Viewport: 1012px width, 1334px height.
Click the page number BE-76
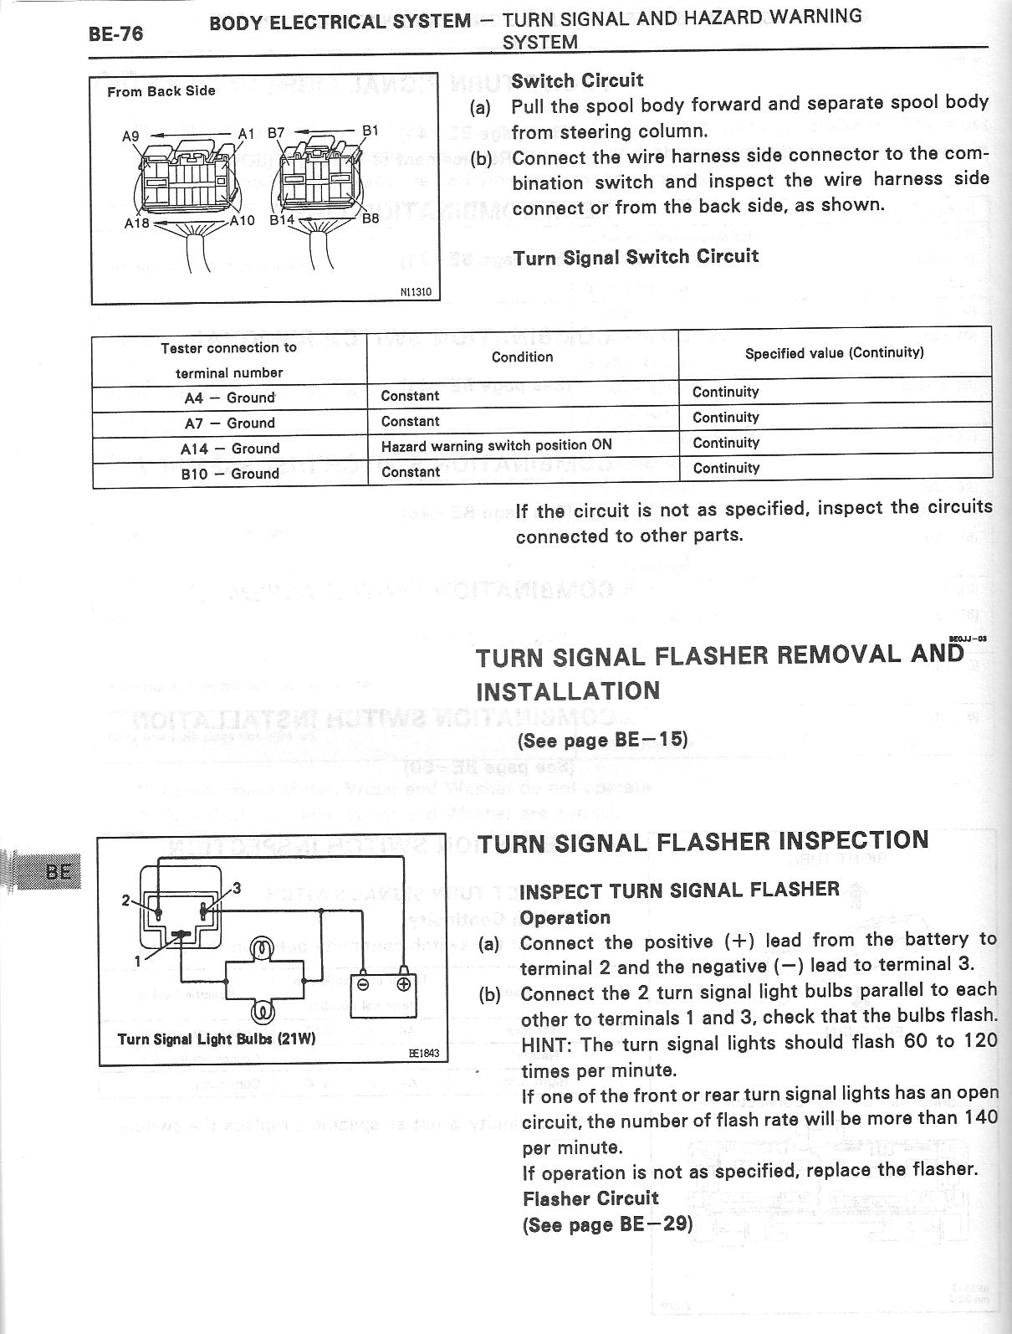pos(115,33)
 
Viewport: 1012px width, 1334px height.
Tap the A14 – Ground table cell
pos(229,449)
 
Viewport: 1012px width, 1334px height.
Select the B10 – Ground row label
pos(229,474)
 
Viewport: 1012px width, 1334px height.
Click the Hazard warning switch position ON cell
pos(496,445)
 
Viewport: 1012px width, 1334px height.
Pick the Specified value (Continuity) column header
pos(834,352)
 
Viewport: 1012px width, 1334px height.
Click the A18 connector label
pos(136,223)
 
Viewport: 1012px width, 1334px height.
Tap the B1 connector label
pos(370,131)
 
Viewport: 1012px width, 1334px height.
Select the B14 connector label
pos(282,221)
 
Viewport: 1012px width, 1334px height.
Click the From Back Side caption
pos(161,91)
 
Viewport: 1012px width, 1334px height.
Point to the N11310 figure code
pos(416,292)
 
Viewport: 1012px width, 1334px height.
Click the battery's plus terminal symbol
pos(403,984)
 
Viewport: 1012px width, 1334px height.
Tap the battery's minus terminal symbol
pos(363,984)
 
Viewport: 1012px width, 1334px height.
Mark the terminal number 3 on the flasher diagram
pos(237,888)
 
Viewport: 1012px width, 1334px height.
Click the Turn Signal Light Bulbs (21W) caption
pos(217,1039)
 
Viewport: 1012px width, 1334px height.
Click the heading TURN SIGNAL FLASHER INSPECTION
pos(703,841)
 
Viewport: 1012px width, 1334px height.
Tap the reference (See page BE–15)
pos(603,740)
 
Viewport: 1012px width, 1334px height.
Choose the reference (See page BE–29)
pos(608,1224)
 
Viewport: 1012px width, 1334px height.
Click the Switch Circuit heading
pos(577,80)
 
